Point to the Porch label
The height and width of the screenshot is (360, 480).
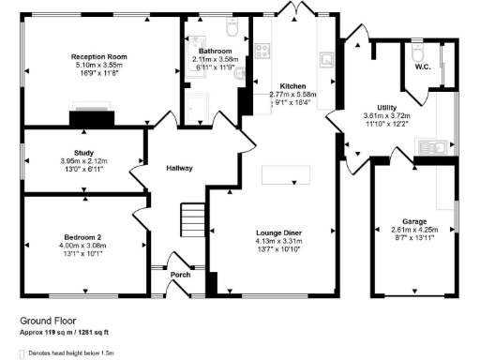tap(180, 275)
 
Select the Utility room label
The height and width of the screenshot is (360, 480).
tap(384, 109)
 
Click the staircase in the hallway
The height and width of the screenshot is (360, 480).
tap(191, 221)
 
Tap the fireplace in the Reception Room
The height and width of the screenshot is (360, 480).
tap(90, 117)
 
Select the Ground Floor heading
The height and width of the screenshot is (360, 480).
tap(48, 320)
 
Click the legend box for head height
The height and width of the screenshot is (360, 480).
tap(23, 353)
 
